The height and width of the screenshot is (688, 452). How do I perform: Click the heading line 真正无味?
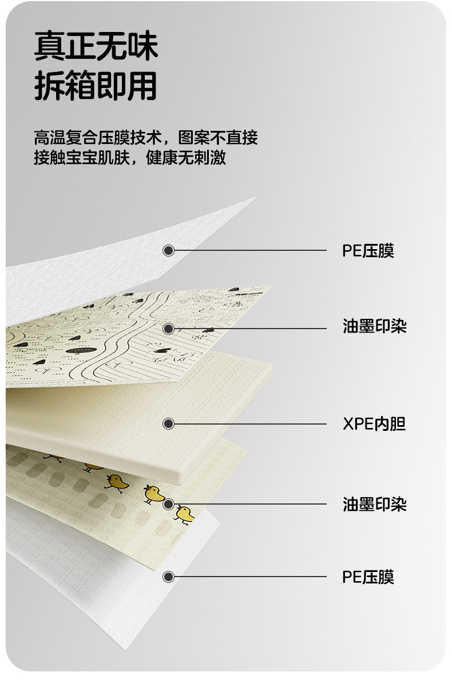pyautogui.click(x=96, y=47)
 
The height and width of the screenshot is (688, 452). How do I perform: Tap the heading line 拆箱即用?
pyautogui.click(x=96, y=86)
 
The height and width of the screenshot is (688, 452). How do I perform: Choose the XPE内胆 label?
pyautogui.click(x=374, y=424)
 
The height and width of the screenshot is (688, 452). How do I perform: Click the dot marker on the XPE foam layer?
pyautogui.click(x=168, y=424)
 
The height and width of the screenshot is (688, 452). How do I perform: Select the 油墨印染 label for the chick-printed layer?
pyautogui.click(x=374, y=505)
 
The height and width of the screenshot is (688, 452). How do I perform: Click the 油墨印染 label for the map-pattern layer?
pyautogui.click(x=374, y=327)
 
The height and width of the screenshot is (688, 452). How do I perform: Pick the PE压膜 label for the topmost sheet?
pyautogui.click(x=368, y=250)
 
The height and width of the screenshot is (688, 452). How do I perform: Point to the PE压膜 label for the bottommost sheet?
pyautogui.click(x=368, y=577)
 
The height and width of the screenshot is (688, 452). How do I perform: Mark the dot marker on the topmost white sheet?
pyautogui.click(x=168, y=250)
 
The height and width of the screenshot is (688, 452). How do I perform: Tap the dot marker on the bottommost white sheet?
pyautogui.click(x=168, y=577)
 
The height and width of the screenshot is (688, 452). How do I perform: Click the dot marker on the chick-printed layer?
pyautogui.click(x=168, y=505)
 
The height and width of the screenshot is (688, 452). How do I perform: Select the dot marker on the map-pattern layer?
pyautogui.click(x=168, y=329)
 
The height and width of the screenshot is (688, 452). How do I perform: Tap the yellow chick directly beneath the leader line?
pyautogui.click(x=185, y=514)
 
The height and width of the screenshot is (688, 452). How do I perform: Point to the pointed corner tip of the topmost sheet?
pyautogui.click(x=253, y=199)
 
